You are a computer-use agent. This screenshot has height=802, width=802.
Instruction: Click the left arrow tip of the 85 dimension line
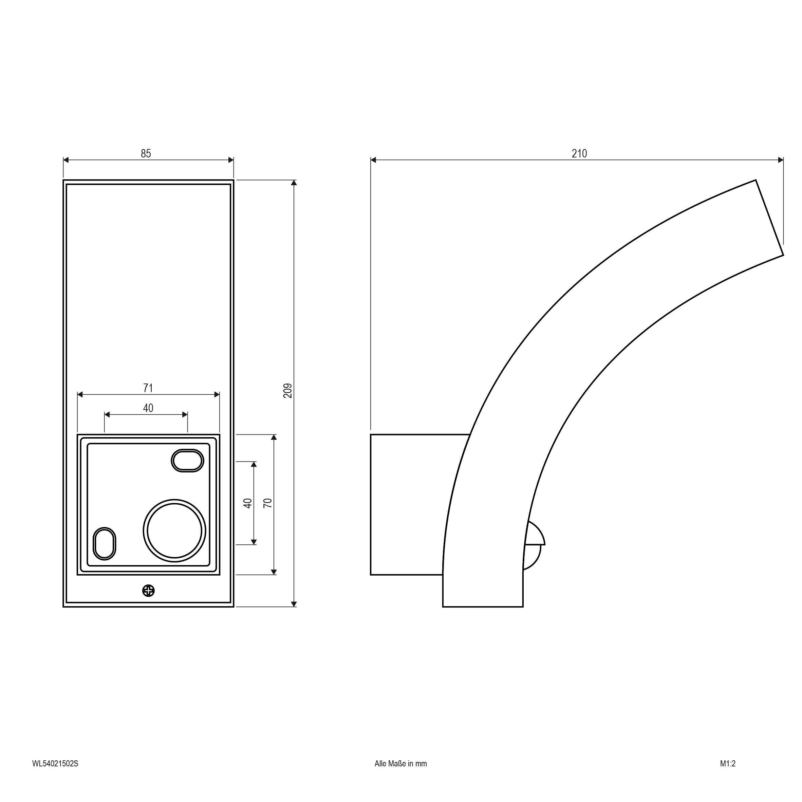63,160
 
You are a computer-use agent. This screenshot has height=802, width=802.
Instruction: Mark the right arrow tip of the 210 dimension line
783,160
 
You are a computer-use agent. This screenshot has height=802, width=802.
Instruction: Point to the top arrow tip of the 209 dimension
294,180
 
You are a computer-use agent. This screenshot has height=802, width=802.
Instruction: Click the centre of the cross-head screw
148,591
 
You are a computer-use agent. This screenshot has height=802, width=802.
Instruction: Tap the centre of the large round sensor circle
174,531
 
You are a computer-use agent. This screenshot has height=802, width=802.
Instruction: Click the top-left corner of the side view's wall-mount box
371,435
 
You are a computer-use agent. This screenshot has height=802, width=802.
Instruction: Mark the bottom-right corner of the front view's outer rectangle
234,607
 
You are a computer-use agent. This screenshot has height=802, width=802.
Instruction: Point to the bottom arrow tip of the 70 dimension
274,575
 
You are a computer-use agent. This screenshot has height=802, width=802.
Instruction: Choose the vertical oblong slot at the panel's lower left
104,544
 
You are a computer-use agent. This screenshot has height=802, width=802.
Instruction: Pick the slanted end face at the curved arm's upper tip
769,218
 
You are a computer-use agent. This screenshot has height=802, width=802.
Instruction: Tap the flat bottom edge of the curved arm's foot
483,607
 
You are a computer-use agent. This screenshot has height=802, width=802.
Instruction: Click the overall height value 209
288,391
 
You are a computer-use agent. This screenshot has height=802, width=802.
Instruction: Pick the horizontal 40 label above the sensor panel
148,408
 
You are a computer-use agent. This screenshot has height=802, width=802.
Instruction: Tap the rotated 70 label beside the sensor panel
268,503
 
